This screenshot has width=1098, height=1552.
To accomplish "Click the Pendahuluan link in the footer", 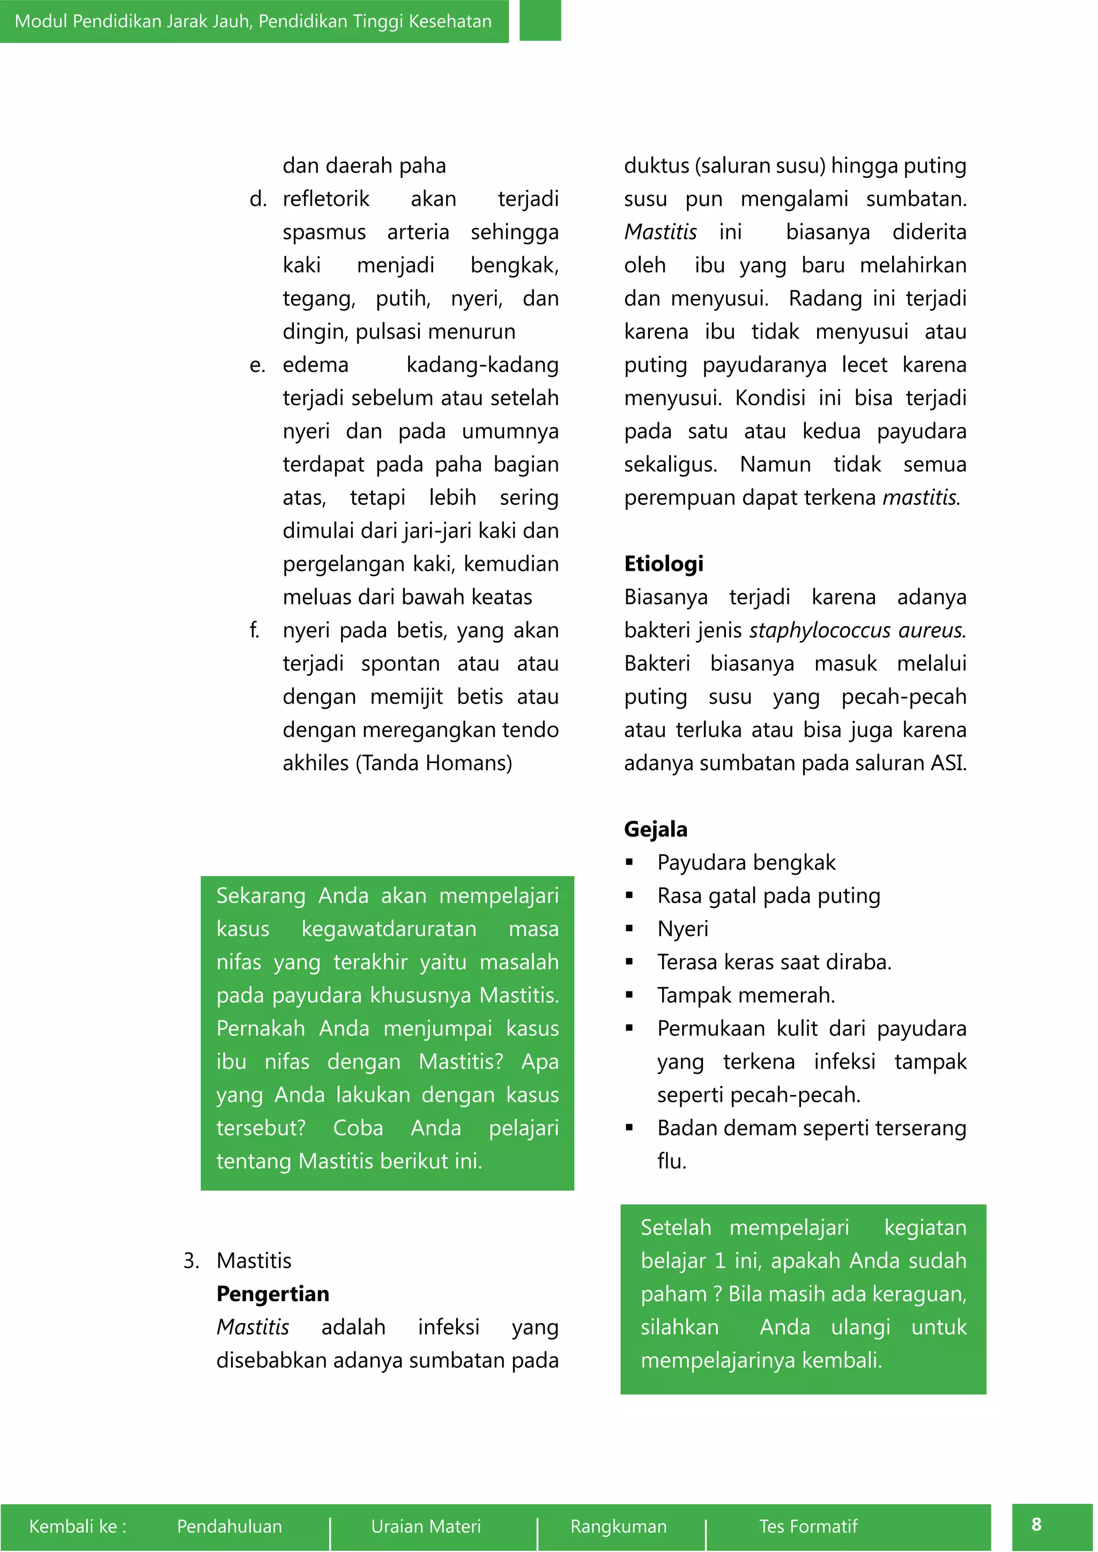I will point(229,1526).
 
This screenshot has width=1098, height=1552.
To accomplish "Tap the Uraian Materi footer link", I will point(425,1526).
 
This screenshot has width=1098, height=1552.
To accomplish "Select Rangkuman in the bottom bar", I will point(618,1526).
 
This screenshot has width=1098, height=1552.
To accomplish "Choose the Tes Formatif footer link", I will point(808,1526).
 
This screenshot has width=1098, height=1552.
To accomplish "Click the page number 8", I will point(1036,1524).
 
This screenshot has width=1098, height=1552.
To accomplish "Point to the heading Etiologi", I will point(663,564).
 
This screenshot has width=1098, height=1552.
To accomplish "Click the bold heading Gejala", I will point(655,830).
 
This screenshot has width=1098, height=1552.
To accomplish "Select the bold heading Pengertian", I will point(272,1294).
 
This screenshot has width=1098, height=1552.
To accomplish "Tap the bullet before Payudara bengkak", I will point(629,862).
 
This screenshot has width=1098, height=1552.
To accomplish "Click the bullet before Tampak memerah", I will point(629,995).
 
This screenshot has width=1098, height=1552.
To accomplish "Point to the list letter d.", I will point(257,199).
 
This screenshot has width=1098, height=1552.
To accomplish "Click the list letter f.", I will point(254,631).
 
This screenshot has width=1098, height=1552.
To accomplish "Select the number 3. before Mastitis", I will point(191,1260).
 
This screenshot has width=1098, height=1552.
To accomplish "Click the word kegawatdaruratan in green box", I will point(389,929).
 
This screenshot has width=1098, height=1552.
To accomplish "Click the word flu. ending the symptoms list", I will point(671,1161).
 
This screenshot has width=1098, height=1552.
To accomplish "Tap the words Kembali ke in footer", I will point(77,1526).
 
